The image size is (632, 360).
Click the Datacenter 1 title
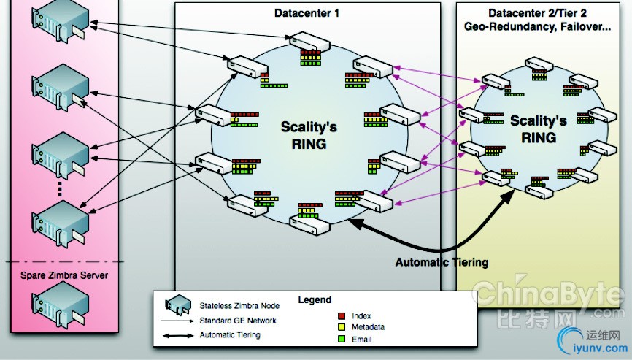307,12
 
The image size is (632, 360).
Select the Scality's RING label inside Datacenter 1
309,135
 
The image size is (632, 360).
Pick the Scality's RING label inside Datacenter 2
539,129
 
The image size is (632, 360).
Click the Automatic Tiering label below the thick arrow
442,262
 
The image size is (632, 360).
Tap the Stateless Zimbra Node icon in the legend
176,306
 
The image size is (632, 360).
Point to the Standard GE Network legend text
238,321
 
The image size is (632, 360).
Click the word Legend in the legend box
315,299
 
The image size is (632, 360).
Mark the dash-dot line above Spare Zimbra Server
61,262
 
